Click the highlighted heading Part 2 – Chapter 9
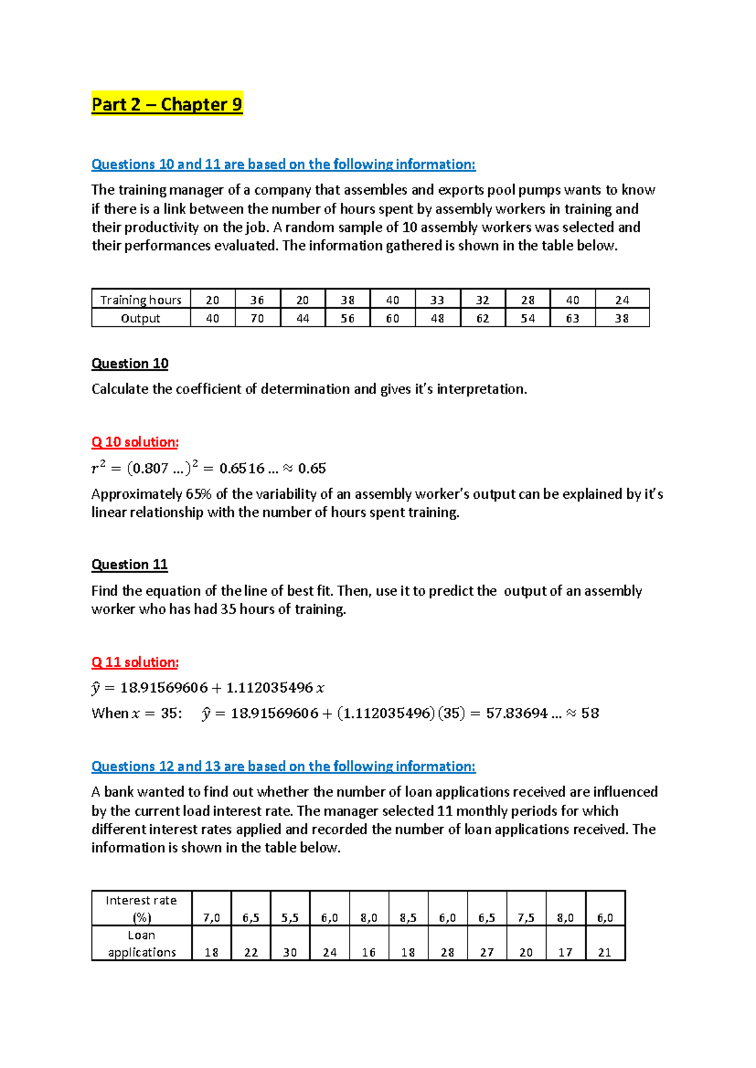coord(166,105)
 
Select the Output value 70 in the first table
coord(257,319)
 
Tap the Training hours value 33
coord(437,300)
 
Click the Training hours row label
coord(140,300)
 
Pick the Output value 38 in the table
coord(622,319)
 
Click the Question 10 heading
coord(130,364)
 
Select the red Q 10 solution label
coord(135,442)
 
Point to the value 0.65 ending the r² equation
coord(312,469)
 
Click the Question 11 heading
coord(129,565)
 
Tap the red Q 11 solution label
coord(135,662)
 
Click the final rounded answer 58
coord(590,713)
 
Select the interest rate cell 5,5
coord(290,918)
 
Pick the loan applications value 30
coord(290,953)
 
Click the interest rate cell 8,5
coord(408,918)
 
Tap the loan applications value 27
coord(486,953)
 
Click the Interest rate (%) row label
coord(141,909)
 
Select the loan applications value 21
coord(605,953)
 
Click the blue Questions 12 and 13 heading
coord(283,766)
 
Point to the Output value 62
coord(483,319)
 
